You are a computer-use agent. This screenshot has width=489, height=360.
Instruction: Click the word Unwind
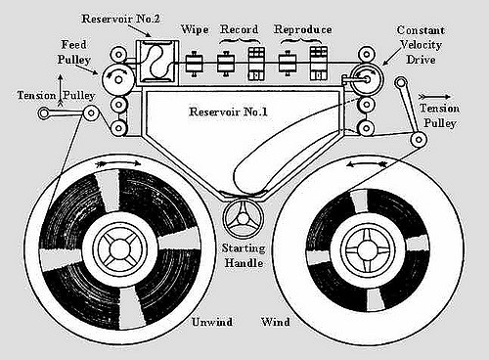pos(210,321)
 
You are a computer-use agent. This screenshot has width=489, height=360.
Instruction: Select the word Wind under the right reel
pos(275,321)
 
